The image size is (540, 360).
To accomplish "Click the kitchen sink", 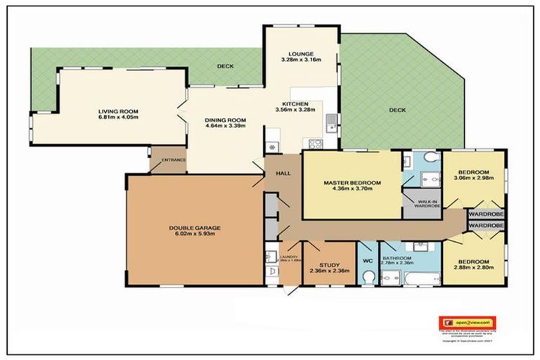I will click(x=330, y=127).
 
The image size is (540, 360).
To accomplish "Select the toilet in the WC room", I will click(x=368, y=278).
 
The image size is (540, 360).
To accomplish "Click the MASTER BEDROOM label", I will click(x=352, y=183).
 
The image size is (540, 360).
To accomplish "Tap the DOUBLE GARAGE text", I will click(x=195, y=228).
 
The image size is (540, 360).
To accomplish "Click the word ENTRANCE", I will click(x=174, y=160).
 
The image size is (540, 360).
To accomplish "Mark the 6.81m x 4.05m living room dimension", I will click(x=118, y=117).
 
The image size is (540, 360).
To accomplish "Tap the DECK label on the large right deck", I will click(x=398, y=110).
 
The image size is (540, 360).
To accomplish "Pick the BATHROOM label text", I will click(x=397, y=258).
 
